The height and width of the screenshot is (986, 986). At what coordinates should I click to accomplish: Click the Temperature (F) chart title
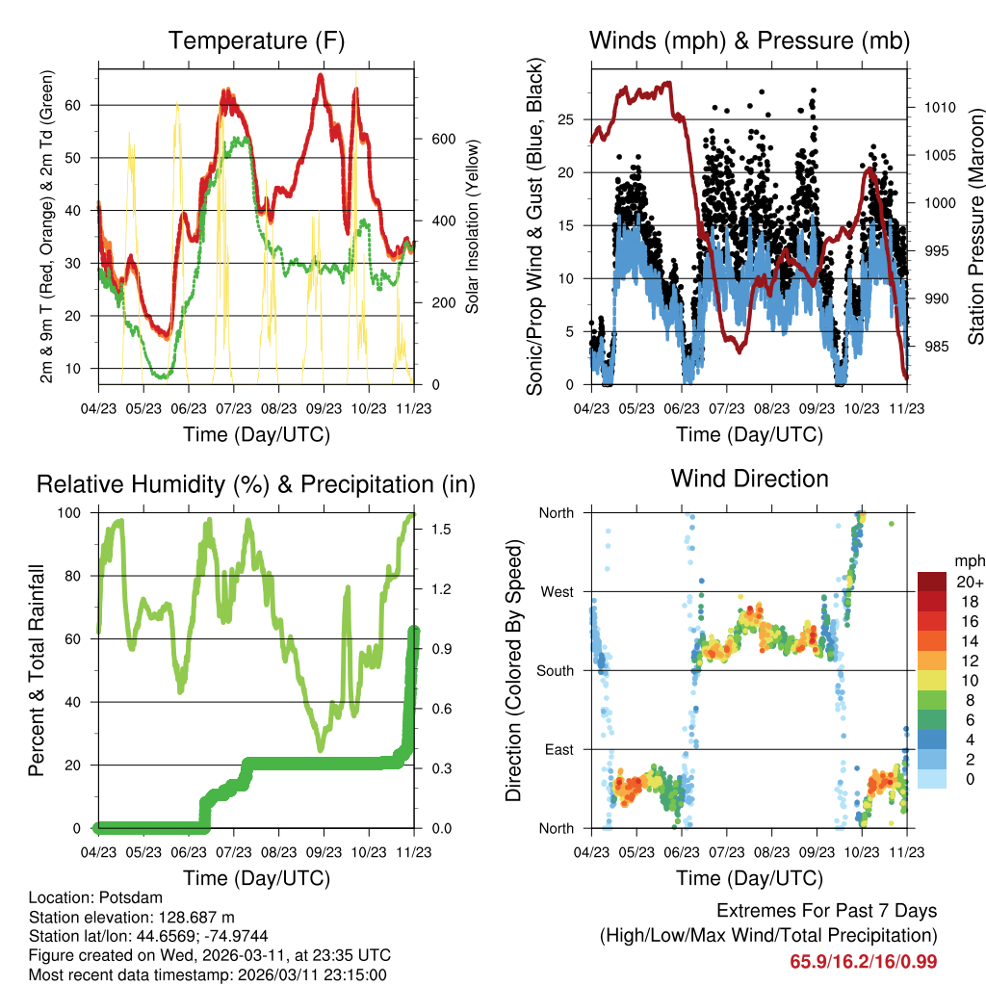(255, 41)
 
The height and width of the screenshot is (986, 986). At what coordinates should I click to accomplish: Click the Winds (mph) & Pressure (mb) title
(749, 41)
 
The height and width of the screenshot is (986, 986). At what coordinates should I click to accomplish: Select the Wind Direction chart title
(749, 479)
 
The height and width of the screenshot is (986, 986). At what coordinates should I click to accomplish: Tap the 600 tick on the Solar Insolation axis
(443, 139)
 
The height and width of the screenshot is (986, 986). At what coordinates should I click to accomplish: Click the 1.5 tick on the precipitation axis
(438, 530)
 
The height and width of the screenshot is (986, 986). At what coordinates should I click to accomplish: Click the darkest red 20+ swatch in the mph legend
(933, 582)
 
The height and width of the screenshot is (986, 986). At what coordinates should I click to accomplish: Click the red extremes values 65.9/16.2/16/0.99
(863, 961)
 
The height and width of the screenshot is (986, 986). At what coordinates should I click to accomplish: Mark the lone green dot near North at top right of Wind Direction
(892, 524)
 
